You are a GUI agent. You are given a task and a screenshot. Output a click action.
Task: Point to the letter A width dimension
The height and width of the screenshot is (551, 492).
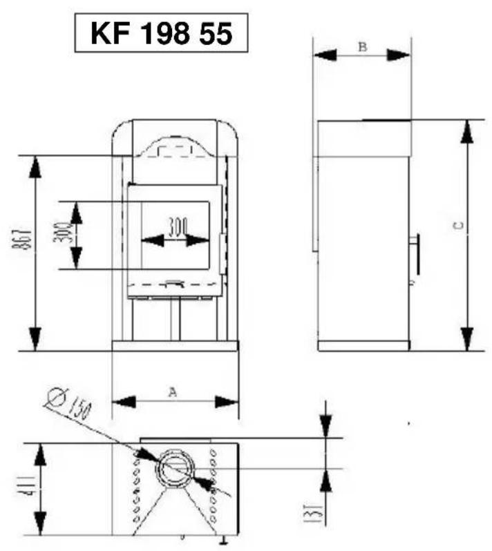pyautogui.click(x=173, y=391)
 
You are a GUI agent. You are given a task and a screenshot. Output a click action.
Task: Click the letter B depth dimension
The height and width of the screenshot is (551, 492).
pyautogui.click(x=362, y=46)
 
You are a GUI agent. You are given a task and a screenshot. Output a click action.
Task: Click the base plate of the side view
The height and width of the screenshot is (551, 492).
pyautogui.click(x=363, y=345)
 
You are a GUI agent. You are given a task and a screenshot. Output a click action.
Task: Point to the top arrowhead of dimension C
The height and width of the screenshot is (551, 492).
pyautogui.click(x=468, y=131)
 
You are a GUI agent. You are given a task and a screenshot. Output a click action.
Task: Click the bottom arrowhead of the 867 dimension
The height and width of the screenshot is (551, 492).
pyautogui.click(x=35, y=339)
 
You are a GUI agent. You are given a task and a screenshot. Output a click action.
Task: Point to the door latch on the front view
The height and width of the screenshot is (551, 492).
pyautogui.click(x=222, y=253)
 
